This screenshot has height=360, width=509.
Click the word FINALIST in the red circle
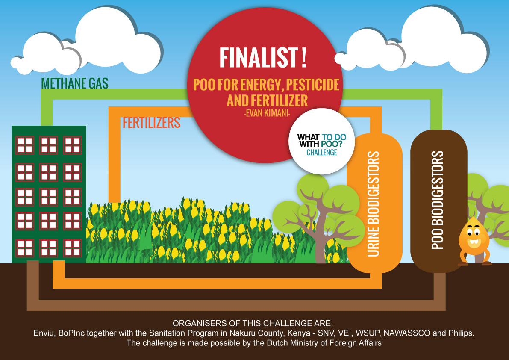click(259, 57)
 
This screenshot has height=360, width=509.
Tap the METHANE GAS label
click(75, 83)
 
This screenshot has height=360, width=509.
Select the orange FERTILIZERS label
click(151, 123)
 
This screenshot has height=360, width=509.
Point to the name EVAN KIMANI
click(267, 113)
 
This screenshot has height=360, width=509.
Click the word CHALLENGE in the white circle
click(322, 152)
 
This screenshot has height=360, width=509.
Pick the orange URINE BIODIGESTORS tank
click(375, 203)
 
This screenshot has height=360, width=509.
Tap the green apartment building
click(49, 194)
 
